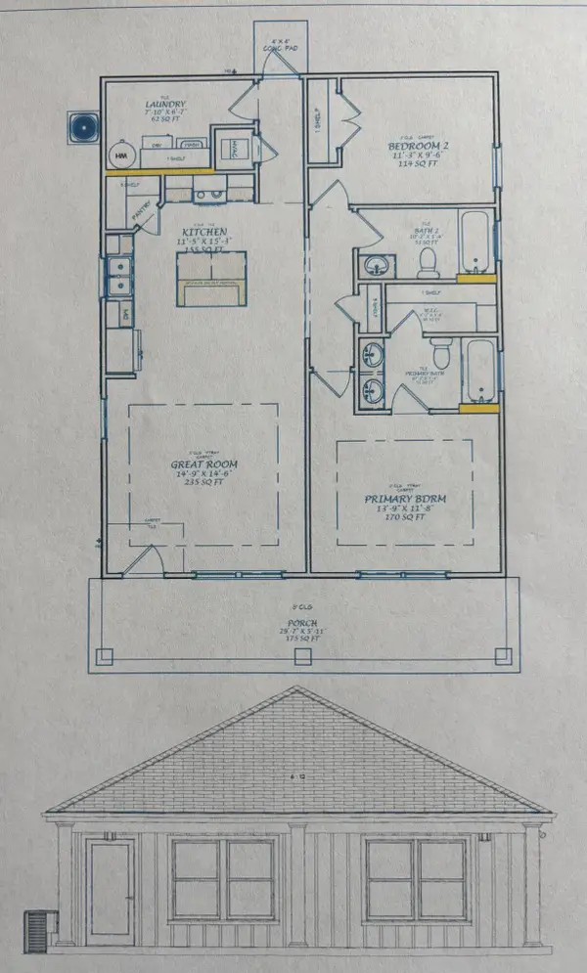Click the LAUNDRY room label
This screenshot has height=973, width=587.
click(x=165, y=105)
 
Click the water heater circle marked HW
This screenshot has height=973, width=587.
click(x=121, y=155)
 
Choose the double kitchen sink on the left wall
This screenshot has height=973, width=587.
click(x=120, y=275)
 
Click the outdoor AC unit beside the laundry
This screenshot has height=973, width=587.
click(x=82, y=126)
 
